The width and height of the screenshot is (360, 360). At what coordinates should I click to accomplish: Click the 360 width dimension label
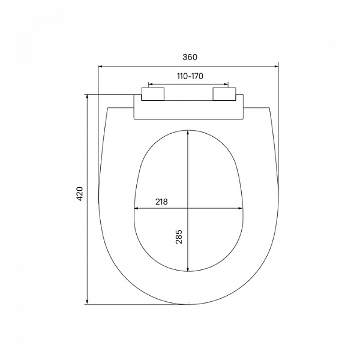point(190,57)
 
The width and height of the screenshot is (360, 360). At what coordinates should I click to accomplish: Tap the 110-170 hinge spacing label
point(190,76)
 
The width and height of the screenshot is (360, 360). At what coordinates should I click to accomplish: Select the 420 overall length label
point(79,194)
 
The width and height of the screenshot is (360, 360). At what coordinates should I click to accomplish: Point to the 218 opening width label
point(161,202)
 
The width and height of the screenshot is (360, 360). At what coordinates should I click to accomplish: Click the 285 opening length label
point(179,237)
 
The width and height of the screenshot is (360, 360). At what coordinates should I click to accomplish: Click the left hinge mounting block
point(152,94)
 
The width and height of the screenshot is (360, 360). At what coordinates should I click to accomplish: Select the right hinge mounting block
point(224,94)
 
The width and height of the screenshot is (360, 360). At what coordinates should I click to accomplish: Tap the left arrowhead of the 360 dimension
point(100,67)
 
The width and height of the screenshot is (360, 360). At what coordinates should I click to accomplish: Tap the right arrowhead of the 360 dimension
point(276,67)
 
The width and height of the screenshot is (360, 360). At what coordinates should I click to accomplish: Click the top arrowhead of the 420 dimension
point(87,97)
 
